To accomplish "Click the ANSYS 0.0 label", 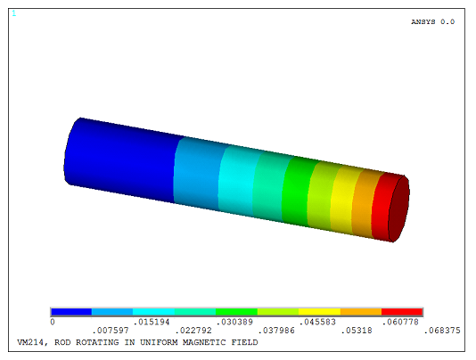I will [432, 21].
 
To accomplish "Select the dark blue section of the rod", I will [120, 158].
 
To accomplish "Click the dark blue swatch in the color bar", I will [71, 311].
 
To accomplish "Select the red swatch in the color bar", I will [402, 311].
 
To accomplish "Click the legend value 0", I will [53, 322].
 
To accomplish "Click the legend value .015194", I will [151, 322].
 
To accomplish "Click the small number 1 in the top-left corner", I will [13, 14].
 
